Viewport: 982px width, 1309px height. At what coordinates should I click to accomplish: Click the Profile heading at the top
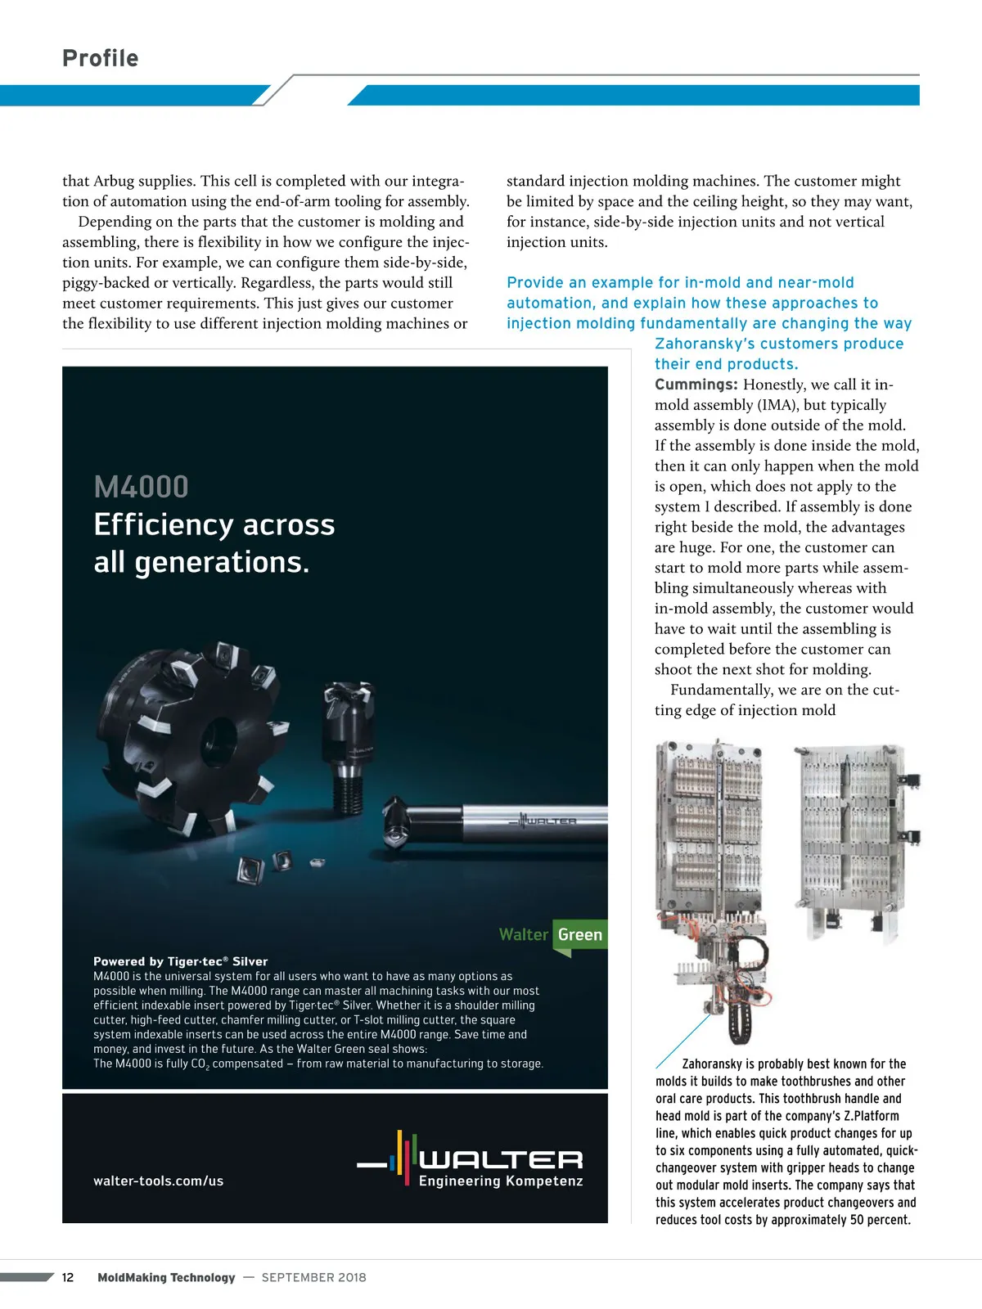pyautogui.click(x=101, y=58)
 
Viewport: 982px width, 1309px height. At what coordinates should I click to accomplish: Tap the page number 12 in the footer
pyautogui.click(x=68, y=1277)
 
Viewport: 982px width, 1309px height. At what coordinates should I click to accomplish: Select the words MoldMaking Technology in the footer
pyautogui.click(x=166, y=1277)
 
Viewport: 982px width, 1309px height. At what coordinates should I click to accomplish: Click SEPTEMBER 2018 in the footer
pyautogui.click(x=313, y=1277)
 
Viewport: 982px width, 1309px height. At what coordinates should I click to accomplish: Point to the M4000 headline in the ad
pyautogui.click(x=141, y=488)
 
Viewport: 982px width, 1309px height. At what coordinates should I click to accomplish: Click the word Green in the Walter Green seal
pyautogui.click(x=579, y=934)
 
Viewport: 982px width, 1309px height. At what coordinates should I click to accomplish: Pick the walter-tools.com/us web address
pyautogui.click(x=158, y=1181)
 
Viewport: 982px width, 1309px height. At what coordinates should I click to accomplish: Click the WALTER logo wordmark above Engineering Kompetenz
pyautogui.click(x=501, y=1158)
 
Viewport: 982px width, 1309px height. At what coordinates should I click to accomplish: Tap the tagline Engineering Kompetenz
pyautogui.click(x=501, y=1181)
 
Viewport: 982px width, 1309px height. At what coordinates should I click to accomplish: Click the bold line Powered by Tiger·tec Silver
pyautogui.click(x=180, y=961)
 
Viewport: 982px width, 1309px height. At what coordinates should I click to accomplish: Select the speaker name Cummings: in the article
pyautogui.click(x=696, y=385)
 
